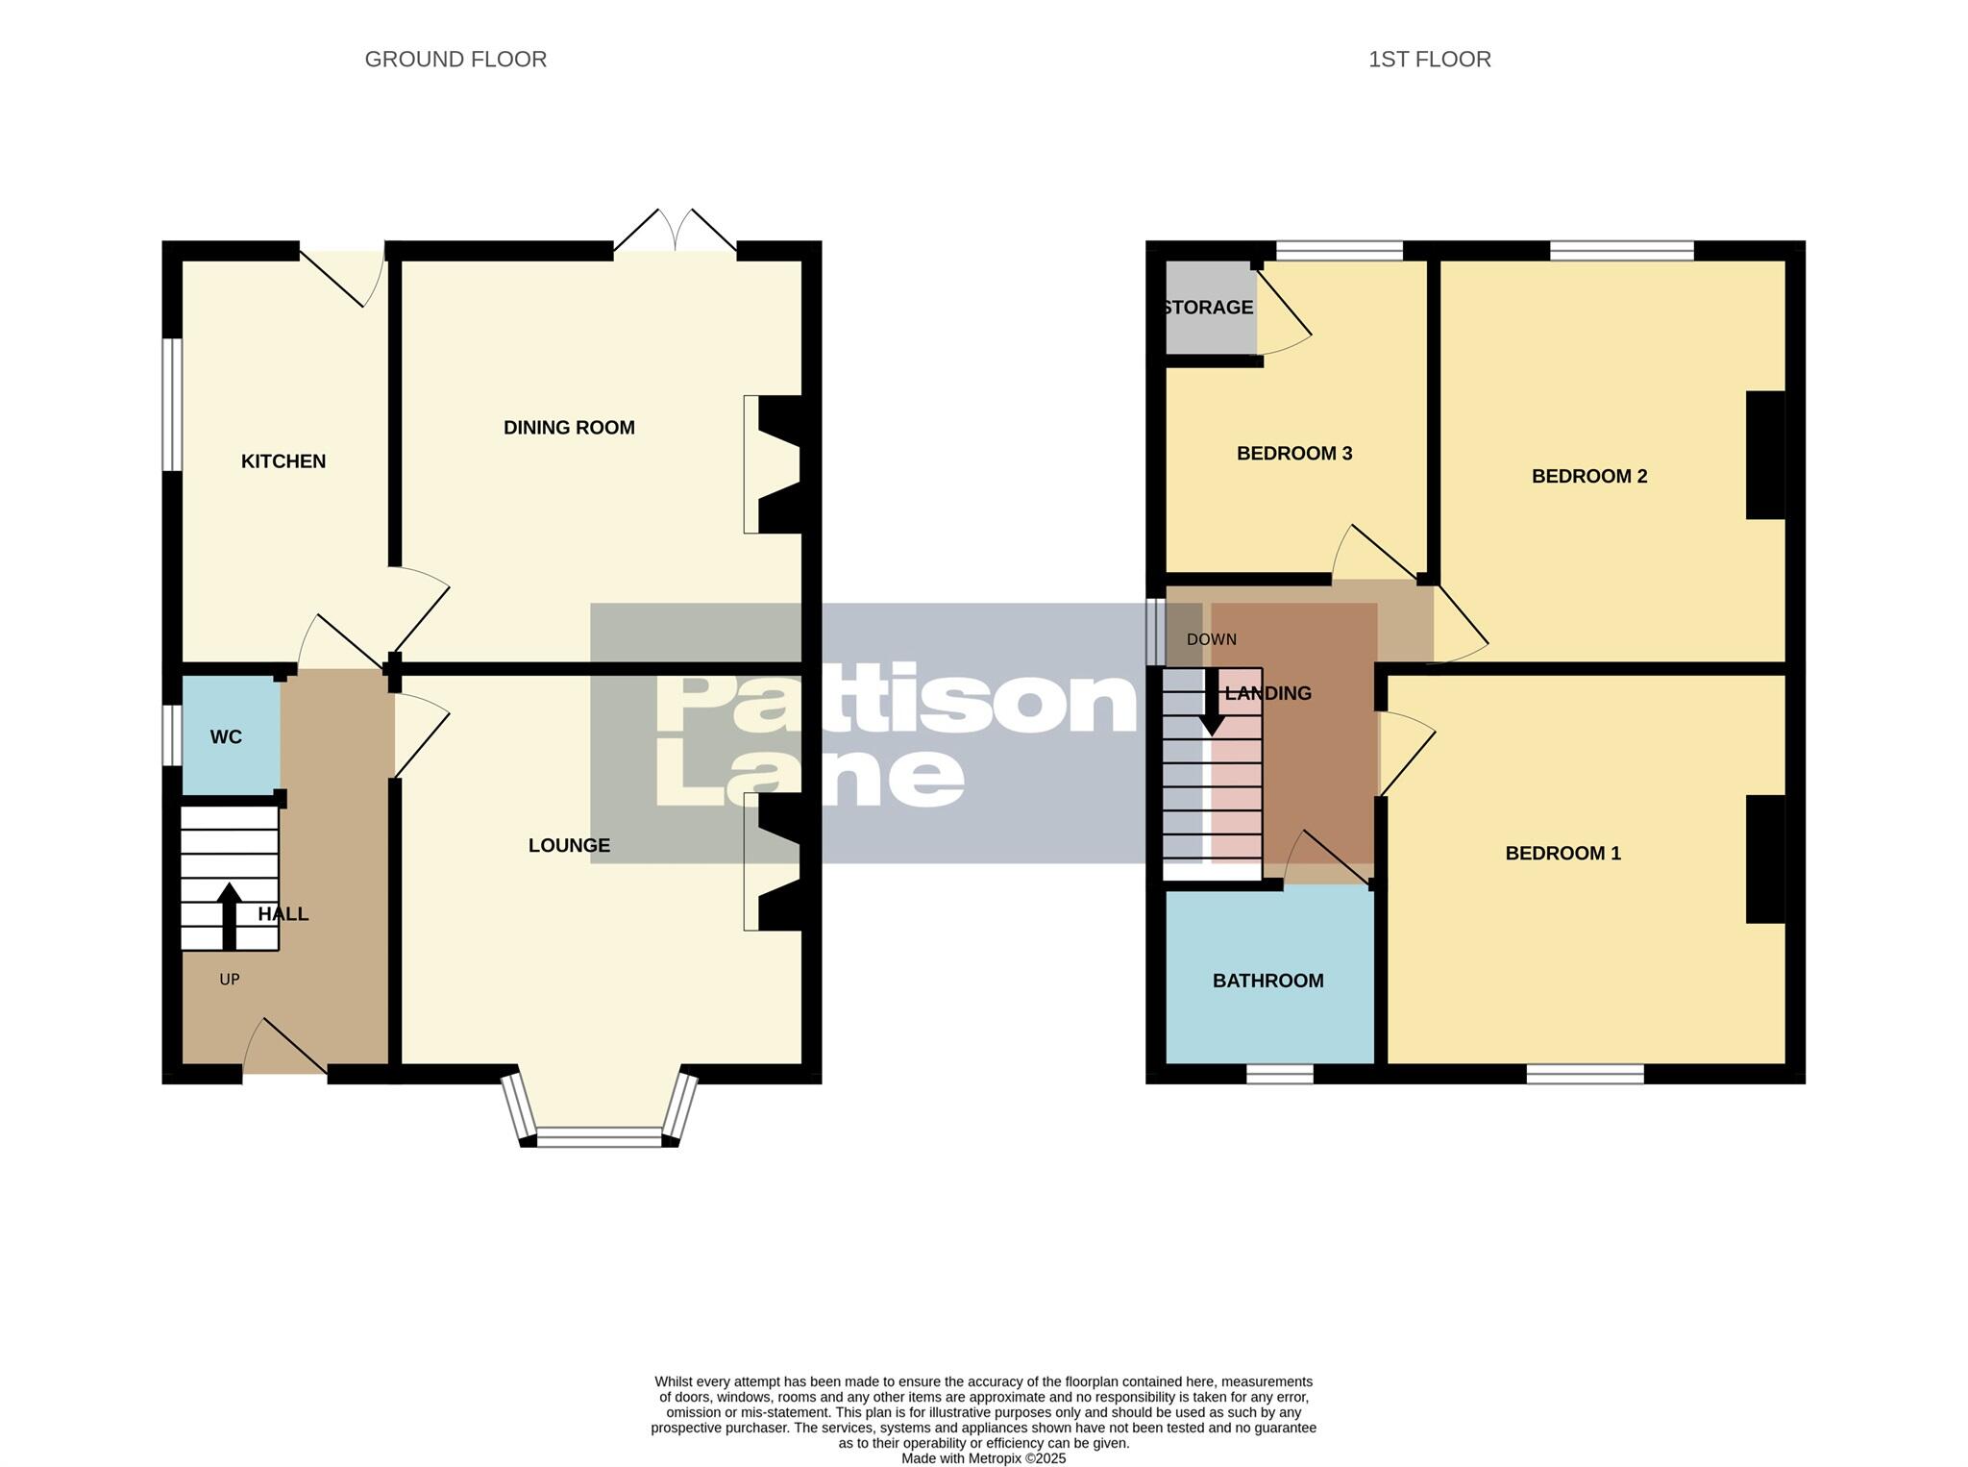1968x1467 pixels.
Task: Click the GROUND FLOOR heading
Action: pyautogui.click(x=455, y=60)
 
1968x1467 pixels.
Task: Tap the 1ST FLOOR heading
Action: pyautogui.click(x=1429, y=60)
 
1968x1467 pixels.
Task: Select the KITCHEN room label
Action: pyautogui.click(x=283, y=461)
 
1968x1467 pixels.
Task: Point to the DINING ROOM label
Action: pyautogui.click(x=569, y=428)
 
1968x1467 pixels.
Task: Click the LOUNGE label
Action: pyautogui.click(x=569, y=845)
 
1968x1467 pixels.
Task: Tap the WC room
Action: pyautogui.click(x=227, y=737)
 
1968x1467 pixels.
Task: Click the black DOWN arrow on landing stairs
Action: pyautogui.click(x=1212, y=702)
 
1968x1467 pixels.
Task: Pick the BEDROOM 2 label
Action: pyautogui.click(x=1588, y=476)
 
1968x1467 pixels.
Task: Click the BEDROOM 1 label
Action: pyautogui.click(x=1562, y=853)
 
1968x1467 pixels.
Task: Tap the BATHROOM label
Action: pyautogui.click(x=1267, y=981)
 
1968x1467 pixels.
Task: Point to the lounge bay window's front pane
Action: pyautogui.click(x=599, y=1137)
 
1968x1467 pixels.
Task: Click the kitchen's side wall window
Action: pyautogui.click(x=172, y=404)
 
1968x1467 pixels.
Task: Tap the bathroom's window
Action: pyautogui.click(x=1279, y=1074)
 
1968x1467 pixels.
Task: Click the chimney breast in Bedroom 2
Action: pyautogui.click(x=1765, y=455)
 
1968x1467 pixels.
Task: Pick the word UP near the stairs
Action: pyautogui.click(x=229, y=980)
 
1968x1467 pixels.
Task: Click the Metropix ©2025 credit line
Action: pyautogui.click(x=983, y=1458)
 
